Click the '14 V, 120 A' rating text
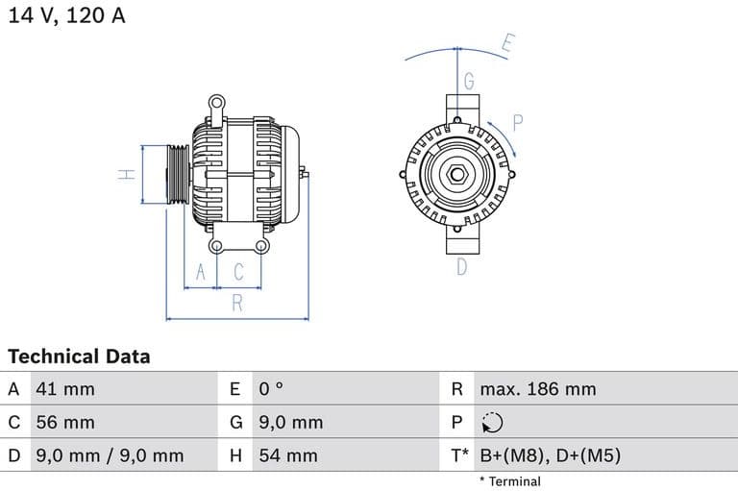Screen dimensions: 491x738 coord(66,15)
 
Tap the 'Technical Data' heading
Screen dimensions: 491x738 coord(79,356)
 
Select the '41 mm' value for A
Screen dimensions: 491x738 coord(65,389)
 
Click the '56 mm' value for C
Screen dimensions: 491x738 coord(65,422)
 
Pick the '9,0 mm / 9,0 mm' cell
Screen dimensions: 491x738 coord(109,455)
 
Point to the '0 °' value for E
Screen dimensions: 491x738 coord(271,389)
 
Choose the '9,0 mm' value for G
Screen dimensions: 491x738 coord(290,422)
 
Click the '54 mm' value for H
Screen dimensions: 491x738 coord(287,455)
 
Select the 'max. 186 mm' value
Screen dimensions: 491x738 coord(537,389)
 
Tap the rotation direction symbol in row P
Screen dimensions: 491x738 coord(491,423)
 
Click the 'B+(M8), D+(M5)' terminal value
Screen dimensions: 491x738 coord(550,455)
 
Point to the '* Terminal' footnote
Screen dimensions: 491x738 coord(509,481)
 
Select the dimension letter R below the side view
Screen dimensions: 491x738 coord(236,305)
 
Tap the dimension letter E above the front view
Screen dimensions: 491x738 coord(507,43)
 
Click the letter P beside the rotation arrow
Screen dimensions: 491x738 coord(517,122)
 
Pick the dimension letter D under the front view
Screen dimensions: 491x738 coord(461,267)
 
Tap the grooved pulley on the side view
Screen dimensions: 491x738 coord(178,175)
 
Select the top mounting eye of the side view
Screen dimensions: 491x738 coord(217,101)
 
